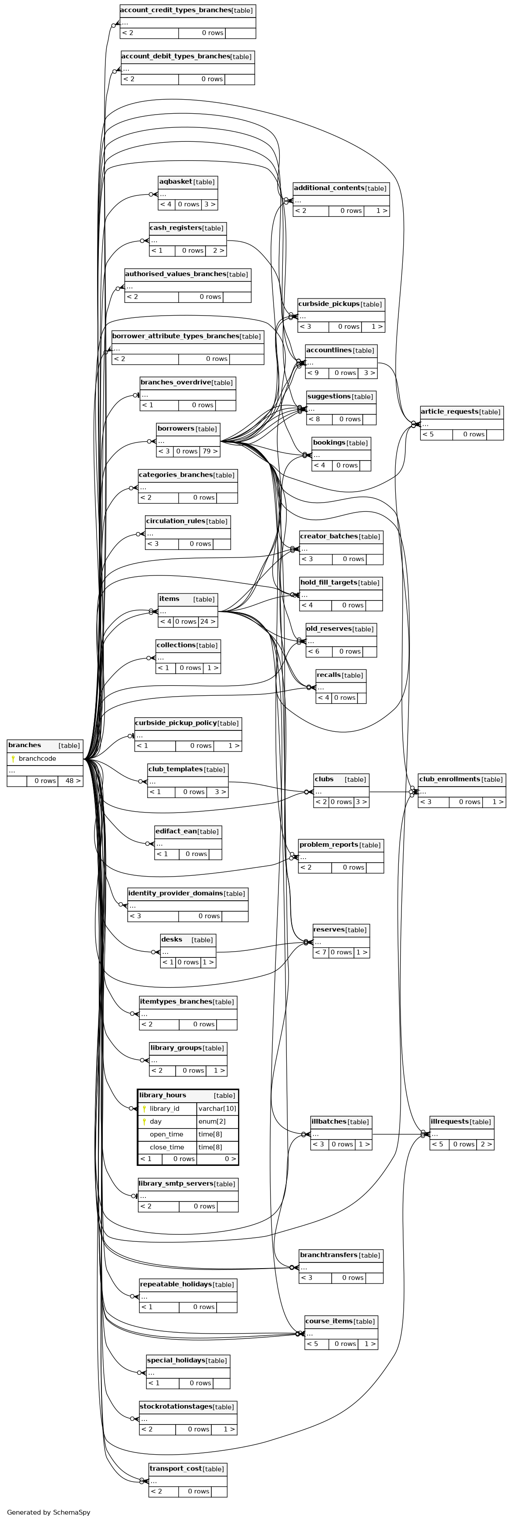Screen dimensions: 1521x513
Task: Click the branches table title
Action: click(25, 745)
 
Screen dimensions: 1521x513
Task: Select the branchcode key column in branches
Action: click(37, 759)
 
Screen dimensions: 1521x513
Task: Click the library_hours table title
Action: click(163, 1095)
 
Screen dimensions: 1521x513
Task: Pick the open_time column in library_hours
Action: click(166, 1134)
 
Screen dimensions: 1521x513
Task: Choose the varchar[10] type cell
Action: click(217, 1108)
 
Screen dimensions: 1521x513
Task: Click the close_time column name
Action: click(166, 1147)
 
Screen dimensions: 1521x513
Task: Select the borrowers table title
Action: click(176, 429)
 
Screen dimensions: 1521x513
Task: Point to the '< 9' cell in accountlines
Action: click(313, 373)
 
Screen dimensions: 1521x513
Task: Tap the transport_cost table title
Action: click(175, 1468)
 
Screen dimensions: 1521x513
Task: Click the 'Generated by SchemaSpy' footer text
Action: click(48, 1512)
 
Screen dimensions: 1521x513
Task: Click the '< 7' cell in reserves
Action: click(320, 952)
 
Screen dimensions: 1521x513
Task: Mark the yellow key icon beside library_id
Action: click(144, 1108)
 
